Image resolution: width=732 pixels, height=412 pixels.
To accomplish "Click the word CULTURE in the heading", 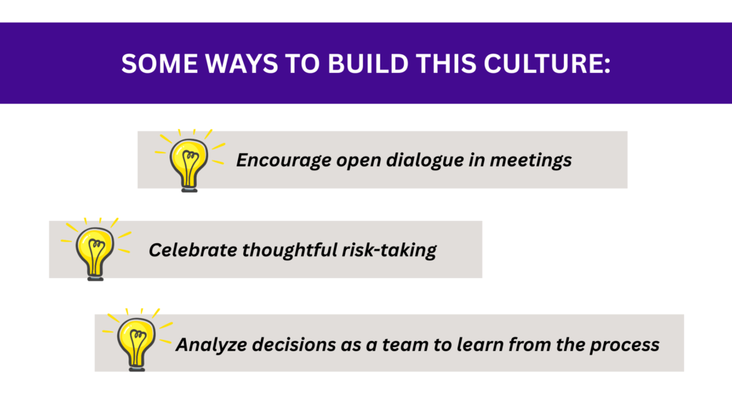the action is point(547,64).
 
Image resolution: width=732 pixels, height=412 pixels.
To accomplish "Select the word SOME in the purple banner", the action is point(159,64).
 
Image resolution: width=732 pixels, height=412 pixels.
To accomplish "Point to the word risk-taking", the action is point(390,250).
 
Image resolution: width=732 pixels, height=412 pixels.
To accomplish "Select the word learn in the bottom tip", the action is point(480,345).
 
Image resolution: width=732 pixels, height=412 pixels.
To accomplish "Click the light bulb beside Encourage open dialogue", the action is point(189,160).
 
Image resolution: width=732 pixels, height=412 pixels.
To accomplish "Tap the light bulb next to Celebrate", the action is point(96,249).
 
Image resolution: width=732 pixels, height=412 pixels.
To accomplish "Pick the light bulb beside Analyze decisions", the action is point(137,340).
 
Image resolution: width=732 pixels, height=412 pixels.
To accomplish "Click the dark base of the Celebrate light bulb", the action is point(96,277).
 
